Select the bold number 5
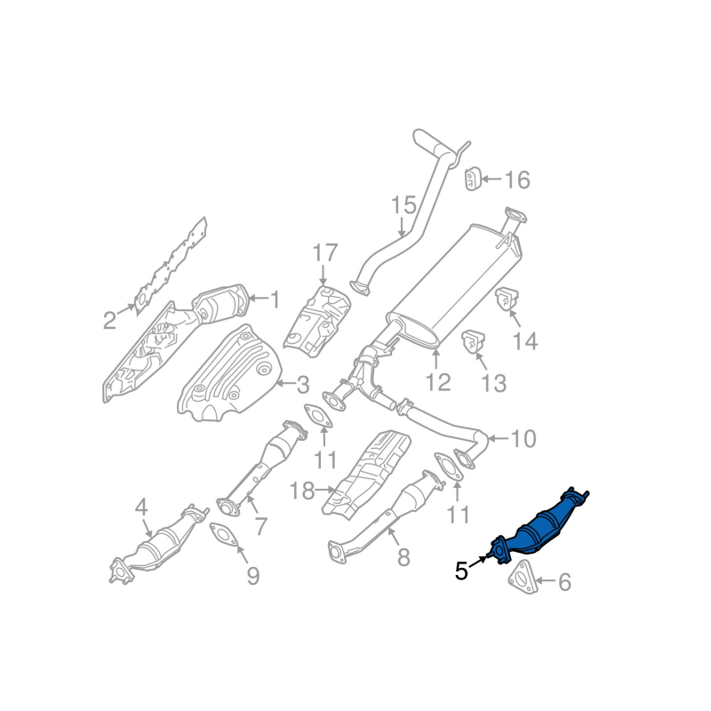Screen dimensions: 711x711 tap(460, 571)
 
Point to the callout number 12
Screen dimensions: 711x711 tap(438, 381)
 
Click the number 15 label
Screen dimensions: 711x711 tap(403, 206)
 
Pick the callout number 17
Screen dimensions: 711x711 tap(324, 253)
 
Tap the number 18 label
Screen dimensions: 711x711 tap(303, 490)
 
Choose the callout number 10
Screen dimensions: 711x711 tap(524, 438)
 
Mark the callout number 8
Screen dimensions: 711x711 tap(403, 557)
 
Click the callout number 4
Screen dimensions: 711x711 tap(140, 508)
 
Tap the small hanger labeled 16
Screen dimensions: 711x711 tap(472, 178)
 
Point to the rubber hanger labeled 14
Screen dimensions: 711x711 tap(507, 301)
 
